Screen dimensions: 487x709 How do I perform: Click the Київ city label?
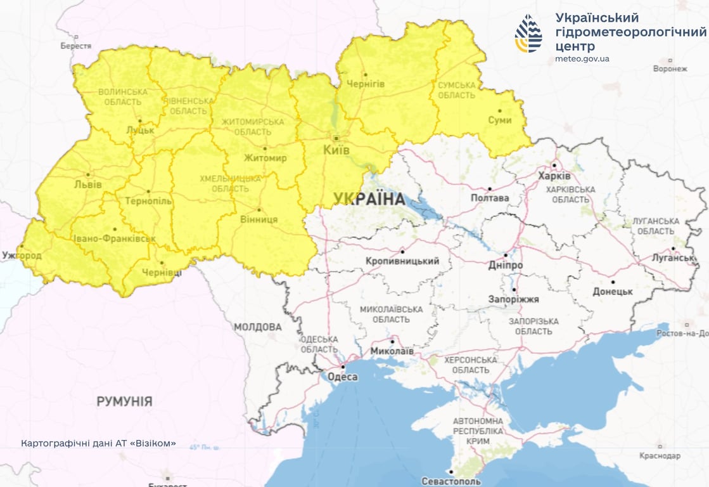coord(336,151)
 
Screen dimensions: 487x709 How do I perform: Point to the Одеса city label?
coord(342,377)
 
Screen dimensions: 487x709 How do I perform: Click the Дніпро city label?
coord(506,265)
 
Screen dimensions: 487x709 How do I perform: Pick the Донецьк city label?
coord(613,291)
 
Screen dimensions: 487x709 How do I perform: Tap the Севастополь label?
coord(450,481)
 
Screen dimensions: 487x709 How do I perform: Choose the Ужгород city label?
coord(22,256)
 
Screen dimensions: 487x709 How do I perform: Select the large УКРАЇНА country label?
coord(369,198)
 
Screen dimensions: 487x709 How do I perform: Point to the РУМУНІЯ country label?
coord(124,401)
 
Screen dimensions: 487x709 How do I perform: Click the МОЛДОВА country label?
coord(258,327)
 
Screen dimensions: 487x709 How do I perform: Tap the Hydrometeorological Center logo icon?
coord(528,34)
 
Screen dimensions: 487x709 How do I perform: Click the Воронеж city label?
coord(670,68)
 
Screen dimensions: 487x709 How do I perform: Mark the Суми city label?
coord(499,120)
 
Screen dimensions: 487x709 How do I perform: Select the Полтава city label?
coord(490,198)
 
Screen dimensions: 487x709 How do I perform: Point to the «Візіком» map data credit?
coord(98,443)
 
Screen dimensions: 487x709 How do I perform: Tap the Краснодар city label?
coord(659,456)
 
